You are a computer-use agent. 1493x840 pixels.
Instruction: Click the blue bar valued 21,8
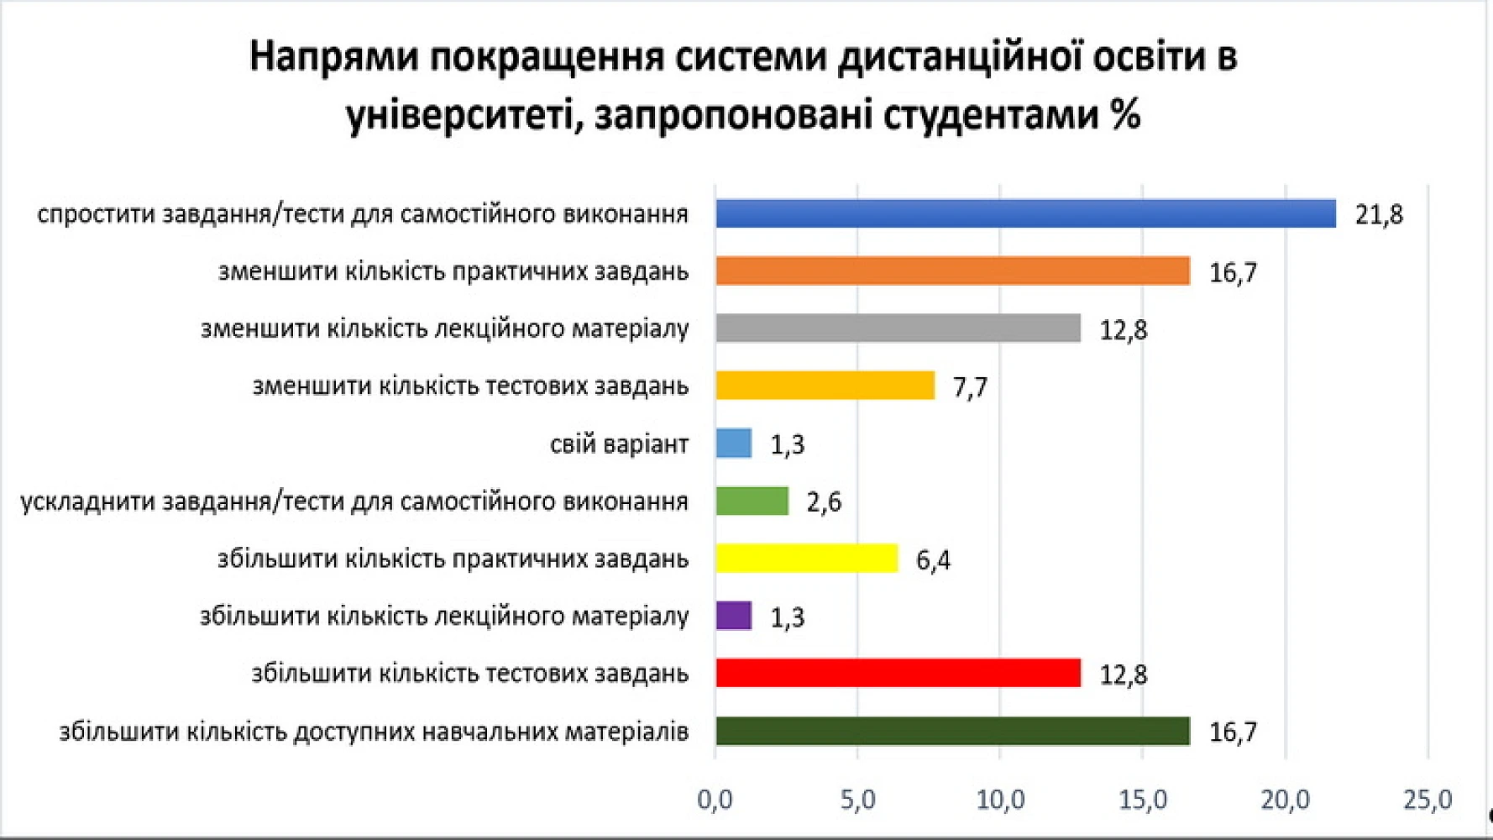1024,214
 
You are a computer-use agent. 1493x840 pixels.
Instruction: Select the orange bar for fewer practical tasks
952,271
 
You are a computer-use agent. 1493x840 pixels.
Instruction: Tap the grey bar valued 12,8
898,328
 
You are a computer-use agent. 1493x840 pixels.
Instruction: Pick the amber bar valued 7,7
825,386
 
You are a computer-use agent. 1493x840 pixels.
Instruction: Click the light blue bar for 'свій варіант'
733,444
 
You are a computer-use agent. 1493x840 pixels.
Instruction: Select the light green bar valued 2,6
752,501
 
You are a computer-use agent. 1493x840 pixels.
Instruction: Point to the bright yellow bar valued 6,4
806,559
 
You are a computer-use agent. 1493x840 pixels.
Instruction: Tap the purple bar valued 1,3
733,616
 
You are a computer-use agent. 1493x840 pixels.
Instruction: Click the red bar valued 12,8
898,674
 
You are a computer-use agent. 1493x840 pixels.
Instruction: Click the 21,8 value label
1379,215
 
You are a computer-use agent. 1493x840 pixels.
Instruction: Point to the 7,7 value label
970,387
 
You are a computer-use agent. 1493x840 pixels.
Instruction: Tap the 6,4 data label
933,560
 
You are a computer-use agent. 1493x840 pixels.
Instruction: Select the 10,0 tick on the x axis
1000,800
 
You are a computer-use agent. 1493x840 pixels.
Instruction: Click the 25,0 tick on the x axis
1428,800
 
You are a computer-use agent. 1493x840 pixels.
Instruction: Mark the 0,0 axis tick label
715,800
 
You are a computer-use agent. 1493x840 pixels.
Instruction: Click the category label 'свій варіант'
619,444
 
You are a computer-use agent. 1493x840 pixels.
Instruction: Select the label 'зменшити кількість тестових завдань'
470,386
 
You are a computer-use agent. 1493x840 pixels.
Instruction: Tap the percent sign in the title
1124,114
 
